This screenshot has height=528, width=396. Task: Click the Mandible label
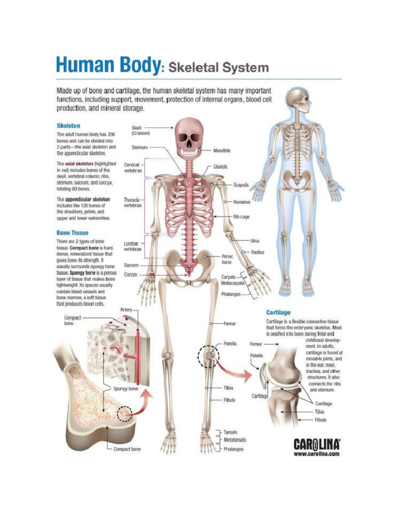click(x=222, y=151)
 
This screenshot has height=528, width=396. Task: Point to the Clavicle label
click(x=220, y=167)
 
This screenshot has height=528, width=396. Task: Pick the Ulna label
click(x=255, y=241)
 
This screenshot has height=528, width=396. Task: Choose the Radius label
click(x=258, y=252)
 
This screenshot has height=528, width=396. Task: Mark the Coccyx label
click(x=130, y=275)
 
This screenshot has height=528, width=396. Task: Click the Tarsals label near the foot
click(x=230, y=432)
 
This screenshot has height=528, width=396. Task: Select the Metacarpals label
click(x=233, y=284)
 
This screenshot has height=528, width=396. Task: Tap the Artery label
click(x=126, y=310)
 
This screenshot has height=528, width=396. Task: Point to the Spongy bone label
click(x=126, y=388)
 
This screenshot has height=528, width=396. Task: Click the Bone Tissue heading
click(x=72, y=233)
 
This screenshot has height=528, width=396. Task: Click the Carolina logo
click(x=317, y=444)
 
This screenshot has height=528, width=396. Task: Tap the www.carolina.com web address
click(x=317, y=454)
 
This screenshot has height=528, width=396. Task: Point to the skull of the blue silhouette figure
click(x=299, y=101)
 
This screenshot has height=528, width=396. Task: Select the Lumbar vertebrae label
click(x=133, y=246)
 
